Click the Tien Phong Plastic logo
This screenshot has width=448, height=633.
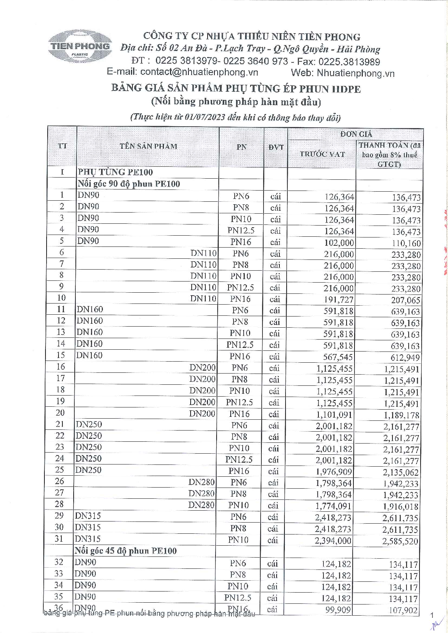point(80,47)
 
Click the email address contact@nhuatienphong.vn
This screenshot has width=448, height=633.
point(199,72)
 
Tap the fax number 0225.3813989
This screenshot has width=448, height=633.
point(349,62)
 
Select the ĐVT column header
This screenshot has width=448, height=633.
point(276,147)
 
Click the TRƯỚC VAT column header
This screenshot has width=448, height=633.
point(322,154)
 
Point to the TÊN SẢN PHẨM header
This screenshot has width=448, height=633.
point(148,146)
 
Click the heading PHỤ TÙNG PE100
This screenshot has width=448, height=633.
point(116,172)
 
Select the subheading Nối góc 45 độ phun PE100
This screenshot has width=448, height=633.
point(126,551)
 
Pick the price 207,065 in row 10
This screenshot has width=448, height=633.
point(406,300)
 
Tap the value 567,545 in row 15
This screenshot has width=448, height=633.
point(338,357)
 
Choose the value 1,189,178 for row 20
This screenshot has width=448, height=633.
point(401,415)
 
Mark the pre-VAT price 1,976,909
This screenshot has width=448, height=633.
point(334,472)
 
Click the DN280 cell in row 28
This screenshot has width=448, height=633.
point(201,505)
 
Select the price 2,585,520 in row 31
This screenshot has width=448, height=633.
point(400,541)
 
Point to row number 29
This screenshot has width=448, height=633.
point(59,516)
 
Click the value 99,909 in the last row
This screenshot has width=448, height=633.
point(338,610)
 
